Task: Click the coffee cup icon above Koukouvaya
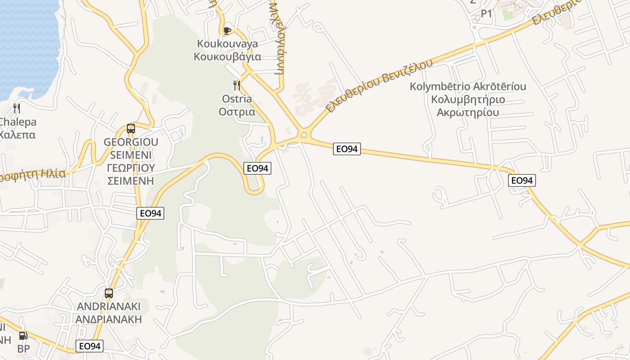click(227, 31)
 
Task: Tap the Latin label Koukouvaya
click(227, 44)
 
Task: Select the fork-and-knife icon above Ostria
click(237, 85)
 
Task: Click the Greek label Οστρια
click(237, 112)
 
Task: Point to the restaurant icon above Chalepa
click(17, 108)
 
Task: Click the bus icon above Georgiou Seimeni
click(131, 129)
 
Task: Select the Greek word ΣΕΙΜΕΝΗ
click(130, 181)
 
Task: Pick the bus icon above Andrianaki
click(109, 293)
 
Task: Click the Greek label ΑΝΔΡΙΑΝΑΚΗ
click(109, 319)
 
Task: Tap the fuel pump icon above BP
click(23, 336)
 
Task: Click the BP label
click(23, 349)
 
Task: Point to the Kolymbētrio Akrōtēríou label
click(468, 86)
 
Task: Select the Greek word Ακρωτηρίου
click(468, 112)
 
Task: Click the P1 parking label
click(486, 14)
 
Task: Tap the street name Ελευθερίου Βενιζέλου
click(380, 85)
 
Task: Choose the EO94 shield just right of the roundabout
click(347, 148)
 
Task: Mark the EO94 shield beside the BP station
click(90, 346)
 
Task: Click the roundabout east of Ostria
click(303, 134)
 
